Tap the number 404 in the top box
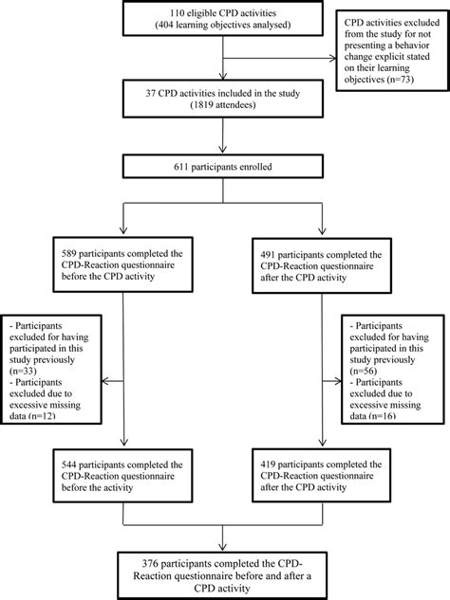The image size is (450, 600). point(177,26)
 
